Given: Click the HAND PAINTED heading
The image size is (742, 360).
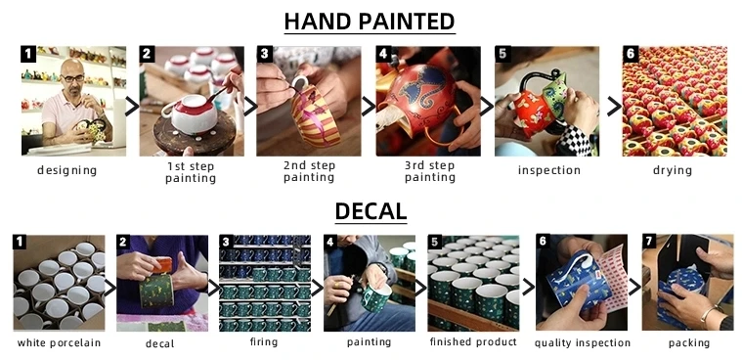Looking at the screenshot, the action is click(370, 22).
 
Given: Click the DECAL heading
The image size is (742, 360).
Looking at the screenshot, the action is click(371, 211).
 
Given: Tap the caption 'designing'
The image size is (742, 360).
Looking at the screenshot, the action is click(66, 170).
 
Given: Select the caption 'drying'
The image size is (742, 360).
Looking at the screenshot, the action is click(673, 170).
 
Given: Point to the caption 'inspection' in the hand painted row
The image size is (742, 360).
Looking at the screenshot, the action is click(549, 170).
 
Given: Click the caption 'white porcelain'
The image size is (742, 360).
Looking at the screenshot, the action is click(60, 342).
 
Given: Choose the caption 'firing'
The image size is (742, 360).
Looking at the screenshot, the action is click(264, 341).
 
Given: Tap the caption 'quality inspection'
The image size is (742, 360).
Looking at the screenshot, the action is click(583, 343).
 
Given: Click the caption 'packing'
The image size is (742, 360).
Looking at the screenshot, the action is click(689, 343).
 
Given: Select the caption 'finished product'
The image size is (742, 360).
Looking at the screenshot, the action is click(473, 341).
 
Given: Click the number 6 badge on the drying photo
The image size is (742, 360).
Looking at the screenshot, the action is click(630, 54).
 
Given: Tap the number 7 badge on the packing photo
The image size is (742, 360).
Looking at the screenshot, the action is click(649, 242).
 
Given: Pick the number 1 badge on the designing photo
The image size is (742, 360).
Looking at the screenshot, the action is click(28, 54).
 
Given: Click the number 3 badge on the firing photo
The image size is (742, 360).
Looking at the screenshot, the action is click(226, 242).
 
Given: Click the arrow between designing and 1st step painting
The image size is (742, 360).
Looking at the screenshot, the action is click(132, 107).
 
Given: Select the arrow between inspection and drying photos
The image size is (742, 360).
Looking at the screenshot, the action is click(614, 107).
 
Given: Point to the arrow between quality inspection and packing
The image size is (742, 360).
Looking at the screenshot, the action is click(635, 287).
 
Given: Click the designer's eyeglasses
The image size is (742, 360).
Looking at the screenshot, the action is click(74, 77).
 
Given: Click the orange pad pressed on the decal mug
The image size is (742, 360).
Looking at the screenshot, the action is click(162, 265).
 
